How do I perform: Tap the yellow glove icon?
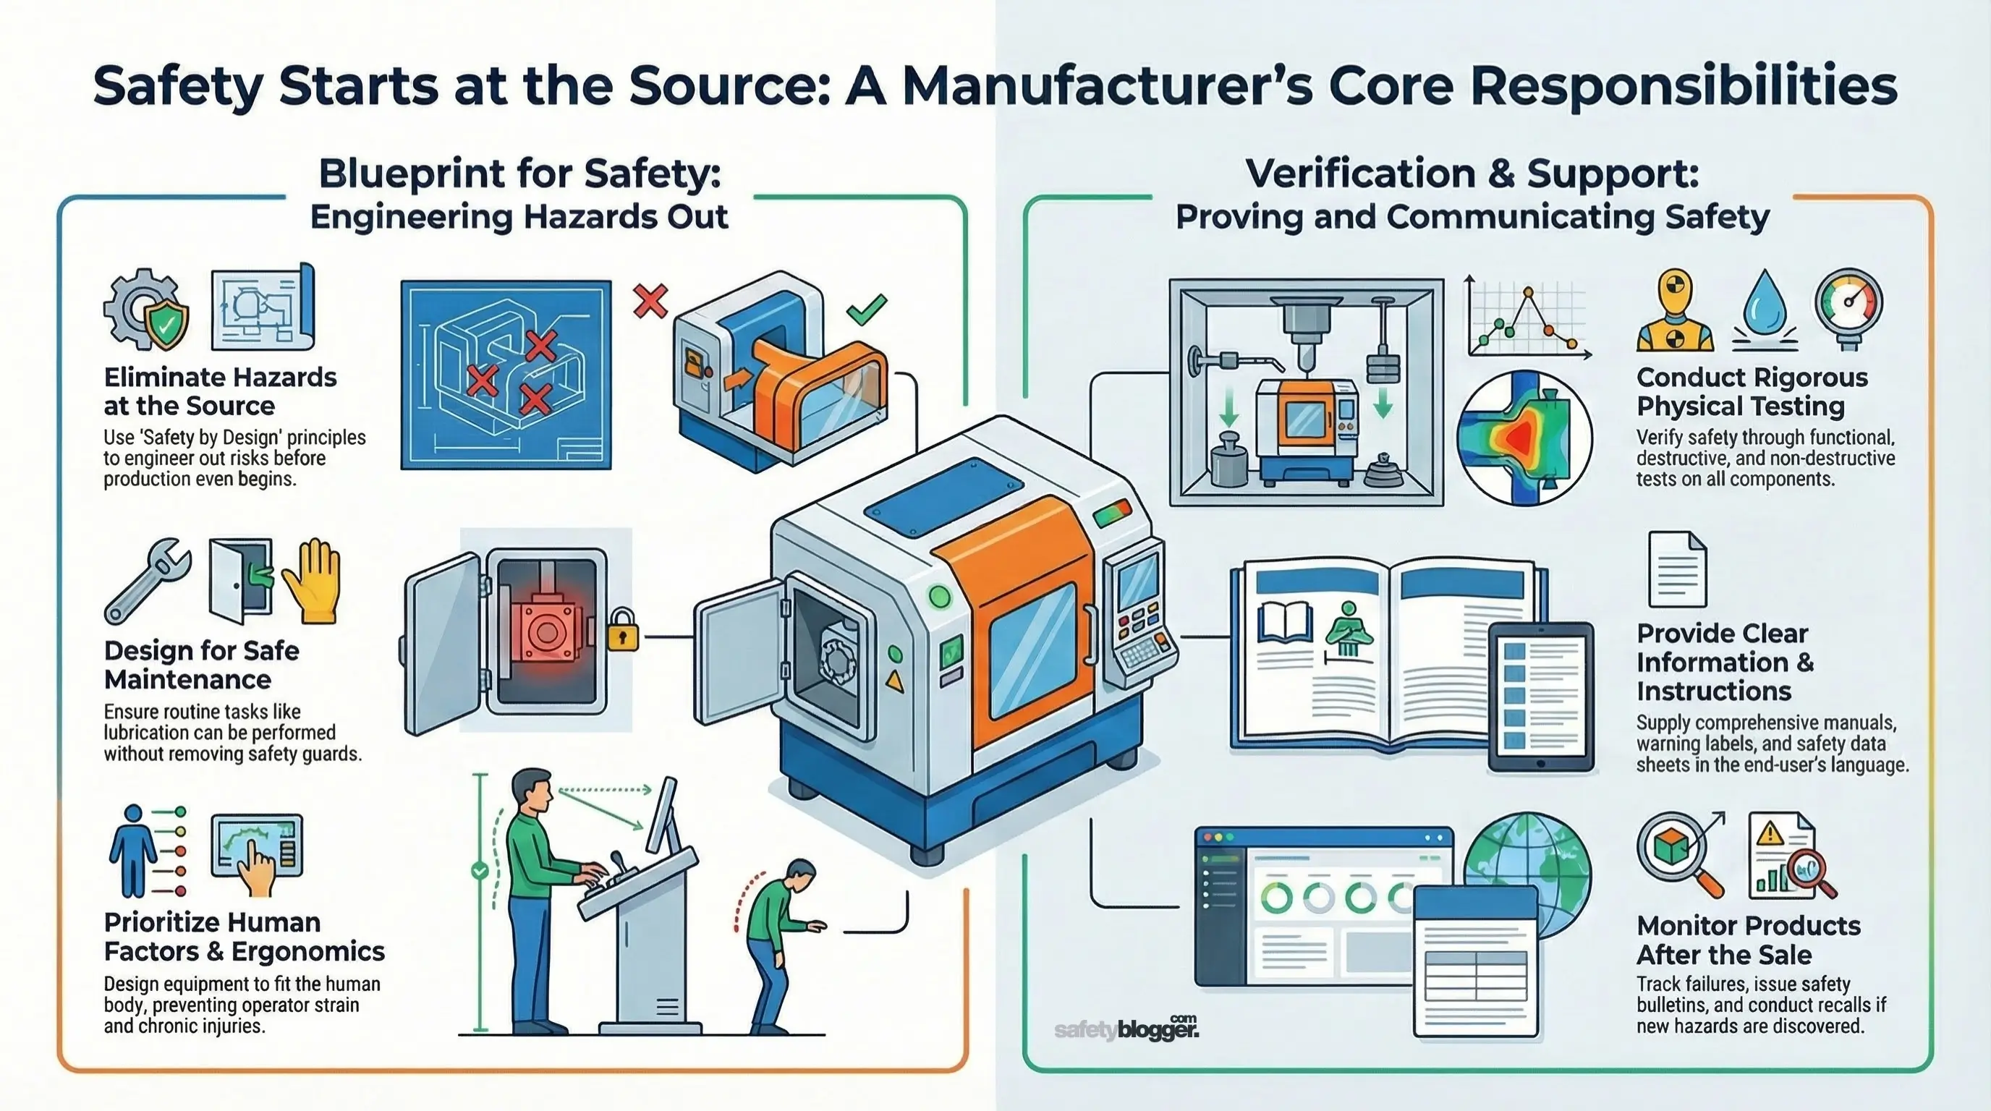click(312, 581)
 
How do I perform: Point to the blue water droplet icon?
click(1765, 304)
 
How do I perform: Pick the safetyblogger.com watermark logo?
click(1126, 1029)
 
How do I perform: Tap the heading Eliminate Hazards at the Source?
click(220, 391)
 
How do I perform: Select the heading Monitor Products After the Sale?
click(1749, 940)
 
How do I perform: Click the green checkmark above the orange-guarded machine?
click(867, 309)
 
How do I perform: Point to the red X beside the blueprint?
click(650, 301)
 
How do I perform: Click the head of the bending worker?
click(800, 874)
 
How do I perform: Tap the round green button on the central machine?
click(940, 597)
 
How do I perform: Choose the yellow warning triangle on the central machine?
click(894, 681)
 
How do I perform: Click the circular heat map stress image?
click(1524, 438)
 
